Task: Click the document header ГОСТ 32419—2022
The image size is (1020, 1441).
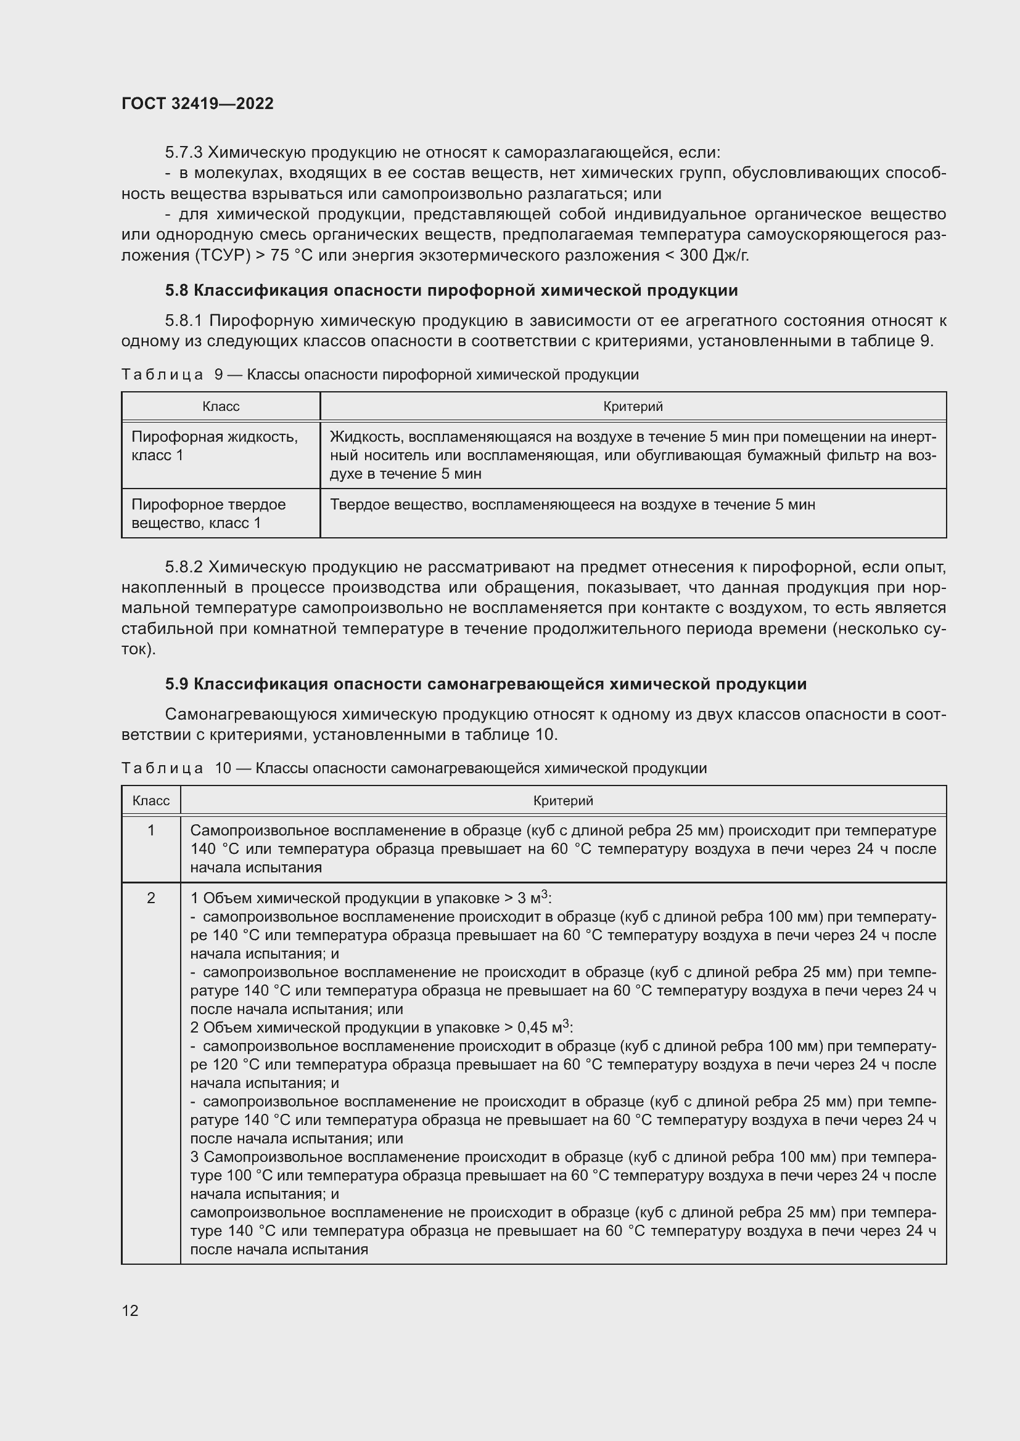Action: (x=197, y=104)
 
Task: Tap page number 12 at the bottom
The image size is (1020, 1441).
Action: (x=130, y=1310)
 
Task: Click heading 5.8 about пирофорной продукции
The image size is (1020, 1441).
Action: (x=451, y=291)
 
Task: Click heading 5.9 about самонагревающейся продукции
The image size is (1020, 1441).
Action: (x=485, y=684)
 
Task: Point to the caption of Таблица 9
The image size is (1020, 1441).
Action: (x=379, y=375)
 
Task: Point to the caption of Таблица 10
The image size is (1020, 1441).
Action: (x=413, y=768)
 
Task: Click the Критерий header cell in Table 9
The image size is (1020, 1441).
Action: (x=633, y=407)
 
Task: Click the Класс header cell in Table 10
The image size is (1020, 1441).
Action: (x=150, y=801)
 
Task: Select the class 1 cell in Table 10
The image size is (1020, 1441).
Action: (x=150, y=830)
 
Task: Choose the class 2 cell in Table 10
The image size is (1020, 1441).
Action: (x=150, y=898)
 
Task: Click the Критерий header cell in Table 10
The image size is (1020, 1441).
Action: (x=563, y=801)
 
